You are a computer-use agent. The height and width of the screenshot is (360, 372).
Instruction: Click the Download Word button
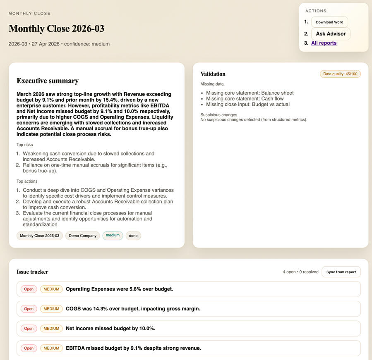(329, 22)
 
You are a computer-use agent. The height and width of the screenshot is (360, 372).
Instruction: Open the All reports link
(324, 43)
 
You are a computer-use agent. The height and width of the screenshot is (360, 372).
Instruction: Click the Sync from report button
(341, 272)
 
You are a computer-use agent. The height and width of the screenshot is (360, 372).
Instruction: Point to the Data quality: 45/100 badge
(340, 74)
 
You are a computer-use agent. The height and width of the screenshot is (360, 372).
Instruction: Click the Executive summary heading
(48, 81)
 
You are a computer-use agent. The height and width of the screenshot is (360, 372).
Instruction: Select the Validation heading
(213, 74)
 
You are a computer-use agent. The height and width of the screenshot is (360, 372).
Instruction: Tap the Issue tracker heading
(32, 272)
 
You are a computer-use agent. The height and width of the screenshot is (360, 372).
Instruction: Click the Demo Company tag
(82, 236)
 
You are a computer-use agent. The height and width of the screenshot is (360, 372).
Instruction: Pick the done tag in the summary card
(133, 236)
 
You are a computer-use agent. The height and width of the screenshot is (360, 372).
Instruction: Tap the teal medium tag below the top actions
(113, 235)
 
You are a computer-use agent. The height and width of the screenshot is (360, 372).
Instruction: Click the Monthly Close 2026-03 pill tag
(40, 236)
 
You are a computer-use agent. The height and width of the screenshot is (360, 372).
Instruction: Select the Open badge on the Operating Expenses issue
(29, 289)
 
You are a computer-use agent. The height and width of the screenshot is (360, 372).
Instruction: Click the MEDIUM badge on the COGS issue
(51, 309)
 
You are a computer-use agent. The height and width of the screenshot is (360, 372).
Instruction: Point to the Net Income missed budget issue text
(110, 329)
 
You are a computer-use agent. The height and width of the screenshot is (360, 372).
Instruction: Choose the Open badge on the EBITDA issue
(29, 348)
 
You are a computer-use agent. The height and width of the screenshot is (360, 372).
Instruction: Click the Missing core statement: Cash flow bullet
(245, 99)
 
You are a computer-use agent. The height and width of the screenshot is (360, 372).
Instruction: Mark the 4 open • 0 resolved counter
(300, 272)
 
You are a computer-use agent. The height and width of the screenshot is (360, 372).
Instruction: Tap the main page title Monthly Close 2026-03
(56, 29)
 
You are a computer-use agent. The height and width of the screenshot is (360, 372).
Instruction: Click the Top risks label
(25, 145)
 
